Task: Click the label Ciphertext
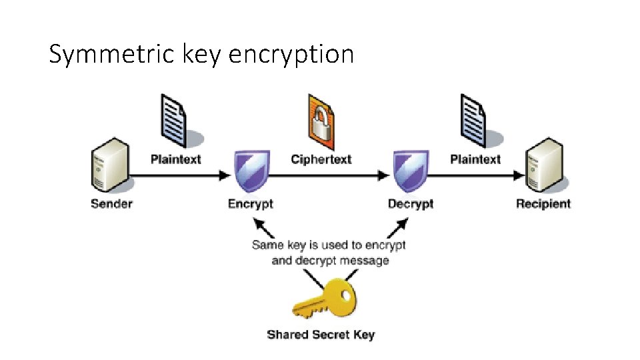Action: pos(321,159)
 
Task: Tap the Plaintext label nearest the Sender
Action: pos(175,159)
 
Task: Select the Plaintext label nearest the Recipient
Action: pos(475,159)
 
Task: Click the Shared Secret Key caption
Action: pos(321,334)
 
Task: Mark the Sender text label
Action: pos(111,203)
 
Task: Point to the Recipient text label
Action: pos(543,203)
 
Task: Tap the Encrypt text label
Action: pos(251,203)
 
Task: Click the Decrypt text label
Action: pos(411,203)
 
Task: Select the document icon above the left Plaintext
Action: pos(175,120)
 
